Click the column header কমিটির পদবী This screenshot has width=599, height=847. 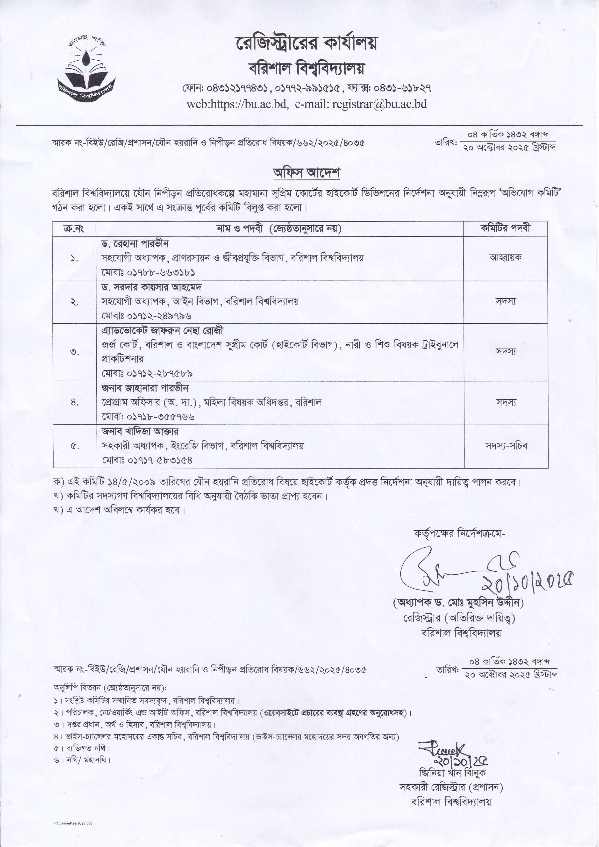tap(505, 229)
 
